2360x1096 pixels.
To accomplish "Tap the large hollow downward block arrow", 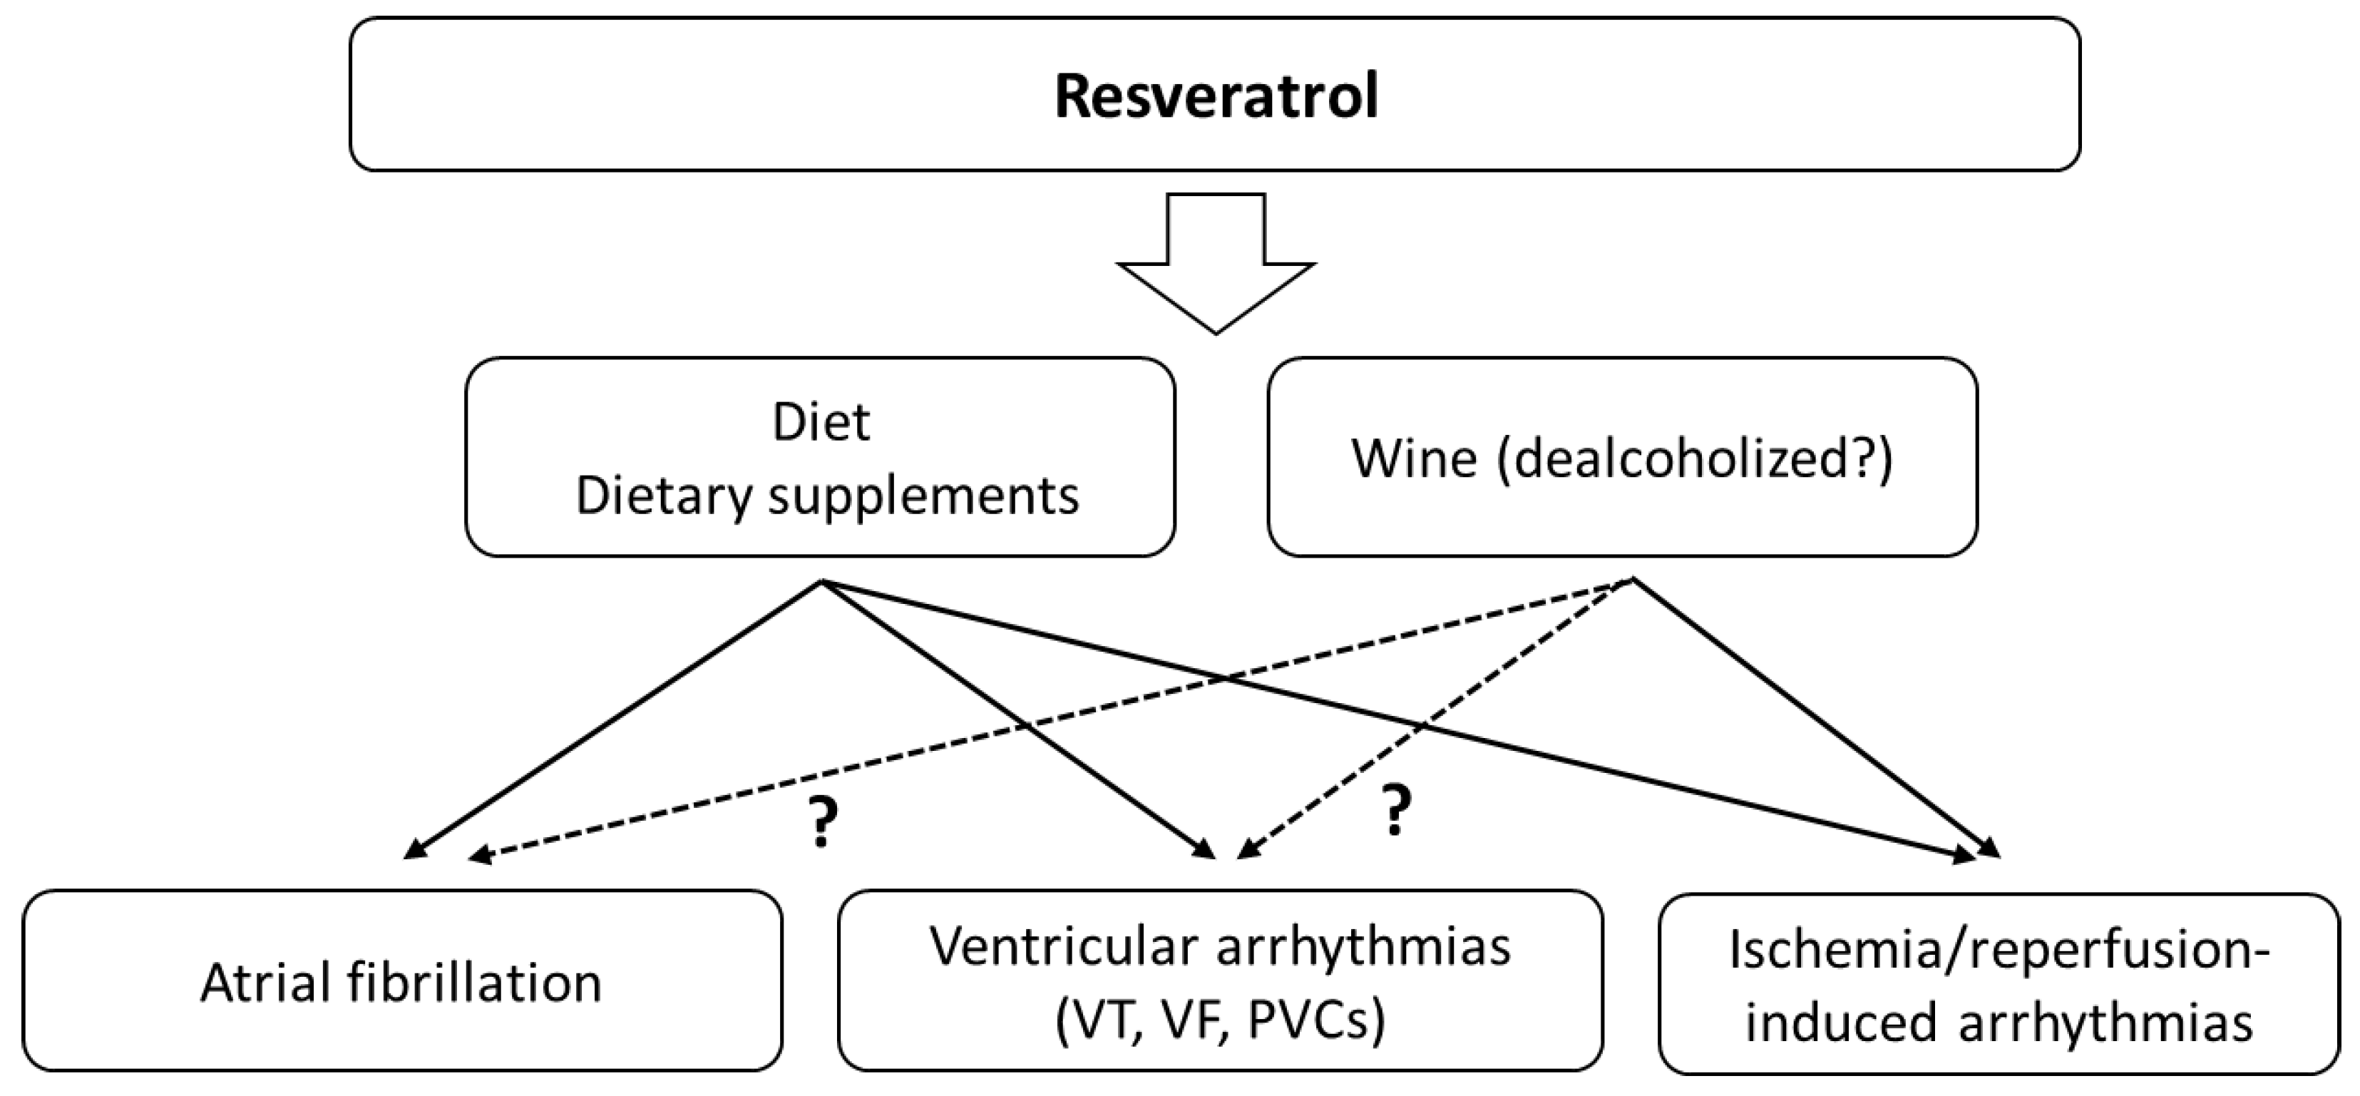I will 1216,266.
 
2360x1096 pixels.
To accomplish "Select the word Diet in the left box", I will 821,422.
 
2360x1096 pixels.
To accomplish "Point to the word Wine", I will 1414,459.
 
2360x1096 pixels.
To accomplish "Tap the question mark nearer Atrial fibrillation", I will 822,822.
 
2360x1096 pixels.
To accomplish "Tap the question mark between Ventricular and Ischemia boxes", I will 1395,811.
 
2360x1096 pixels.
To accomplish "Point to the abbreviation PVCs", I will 1301,1020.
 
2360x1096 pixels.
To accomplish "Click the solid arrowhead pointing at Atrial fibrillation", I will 415,851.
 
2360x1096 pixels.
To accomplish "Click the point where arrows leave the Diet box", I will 821,581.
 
